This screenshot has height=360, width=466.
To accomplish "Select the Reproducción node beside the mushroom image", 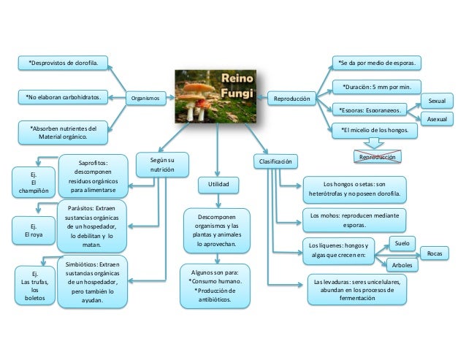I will tap(292, 98).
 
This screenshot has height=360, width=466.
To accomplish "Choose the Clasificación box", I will tap(275, 158).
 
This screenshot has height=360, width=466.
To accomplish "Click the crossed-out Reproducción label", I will tap(377, 156).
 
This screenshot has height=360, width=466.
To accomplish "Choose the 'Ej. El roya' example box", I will tap(31, 231).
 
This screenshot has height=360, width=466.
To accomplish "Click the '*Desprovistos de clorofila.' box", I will tap(62, 64).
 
